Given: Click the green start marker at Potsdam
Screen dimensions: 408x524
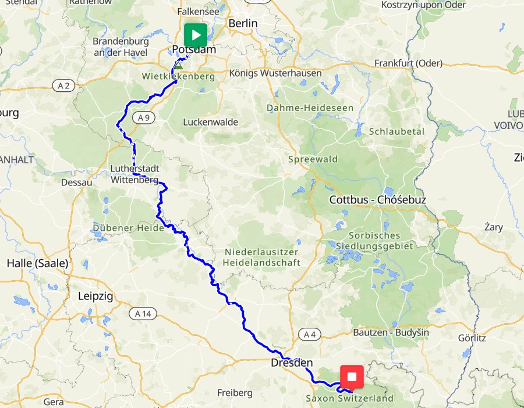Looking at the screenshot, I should click(196, 35).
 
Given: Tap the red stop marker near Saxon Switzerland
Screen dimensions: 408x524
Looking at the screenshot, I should click(351, 377).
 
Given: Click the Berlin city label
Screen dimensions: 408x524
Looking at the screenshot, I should click(243, 23).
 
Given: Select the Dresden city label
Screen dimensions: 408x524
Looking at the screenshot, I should click(292, 363).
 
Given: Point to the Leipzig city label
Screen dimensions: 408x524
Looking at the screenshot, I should click(95, 296).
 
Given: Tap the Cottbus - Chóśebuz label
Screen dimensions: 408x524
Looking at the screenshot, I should click(378, 200).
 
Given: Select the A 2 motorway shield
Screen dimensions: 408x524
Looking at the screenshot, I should click(63, 86).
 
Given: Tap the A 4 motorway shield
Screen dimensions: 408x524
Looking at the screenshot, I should click(309, 334).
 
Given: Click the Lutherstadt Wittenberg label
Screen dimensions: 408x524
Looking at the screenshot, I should click(134, 174).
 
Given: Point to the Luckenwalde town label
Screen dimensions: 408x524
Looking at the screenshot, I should click(210, 123).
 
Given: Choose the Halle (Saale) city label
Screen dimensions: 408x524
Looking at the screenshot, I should click(37, 263).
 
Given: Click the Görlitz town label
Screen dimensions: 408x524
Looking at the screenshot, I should click(472, 338).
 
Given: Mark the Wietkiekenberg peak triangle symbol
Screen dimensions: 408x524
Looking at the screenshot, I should click(178, 66).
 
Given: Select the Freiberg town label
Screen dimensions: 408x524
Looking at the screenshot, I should click(235, 393).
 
